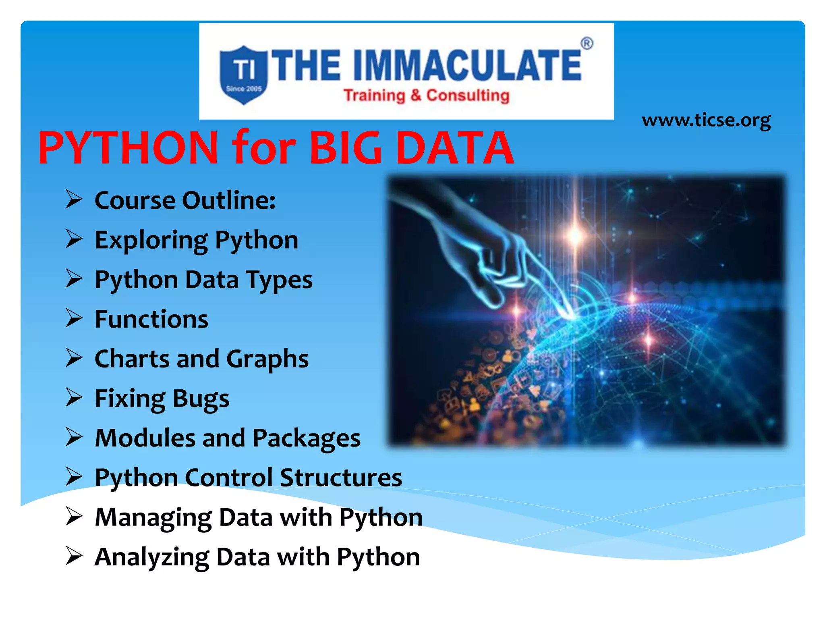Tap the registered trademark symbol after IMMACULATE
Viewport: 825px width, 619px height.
coord(587,44)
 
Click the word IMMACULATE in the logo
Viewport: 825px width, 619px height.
coord(467,65)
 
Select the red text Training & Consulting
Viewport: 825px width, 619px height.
coord(426,96)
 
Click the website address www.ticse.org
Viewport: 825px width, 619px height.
coord(706,120)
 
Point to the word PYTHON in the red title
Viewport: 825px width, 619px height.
coord(128,148)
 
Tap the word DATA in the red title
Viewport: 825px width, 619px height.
coord(455,148)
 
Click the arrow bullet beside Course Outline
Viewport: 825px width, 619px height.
coord(74,200)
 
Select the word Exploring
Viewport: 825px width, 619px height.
coord(151,241)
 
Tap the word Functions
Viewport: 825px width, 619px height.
coord(151,319)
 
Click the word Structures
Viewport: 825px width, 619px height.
coord(341,478)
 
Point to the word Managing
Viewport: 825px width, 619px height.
coord(153,518)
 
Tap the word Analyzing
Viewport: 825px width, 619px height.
coord(152,557)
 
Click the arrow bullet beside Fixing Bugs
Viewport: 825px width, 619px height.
coord(74,398)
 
